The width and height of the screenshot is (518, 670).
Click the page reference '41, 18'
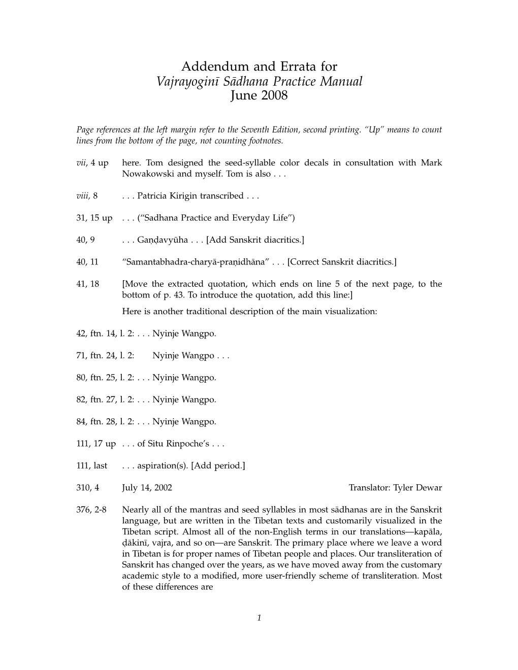[x=88, y=284]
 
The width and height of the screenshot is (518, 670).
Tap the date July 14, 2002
[x=147, y=488]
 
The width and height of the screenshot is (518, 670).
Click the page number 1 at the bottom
[x=259, y=618]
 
